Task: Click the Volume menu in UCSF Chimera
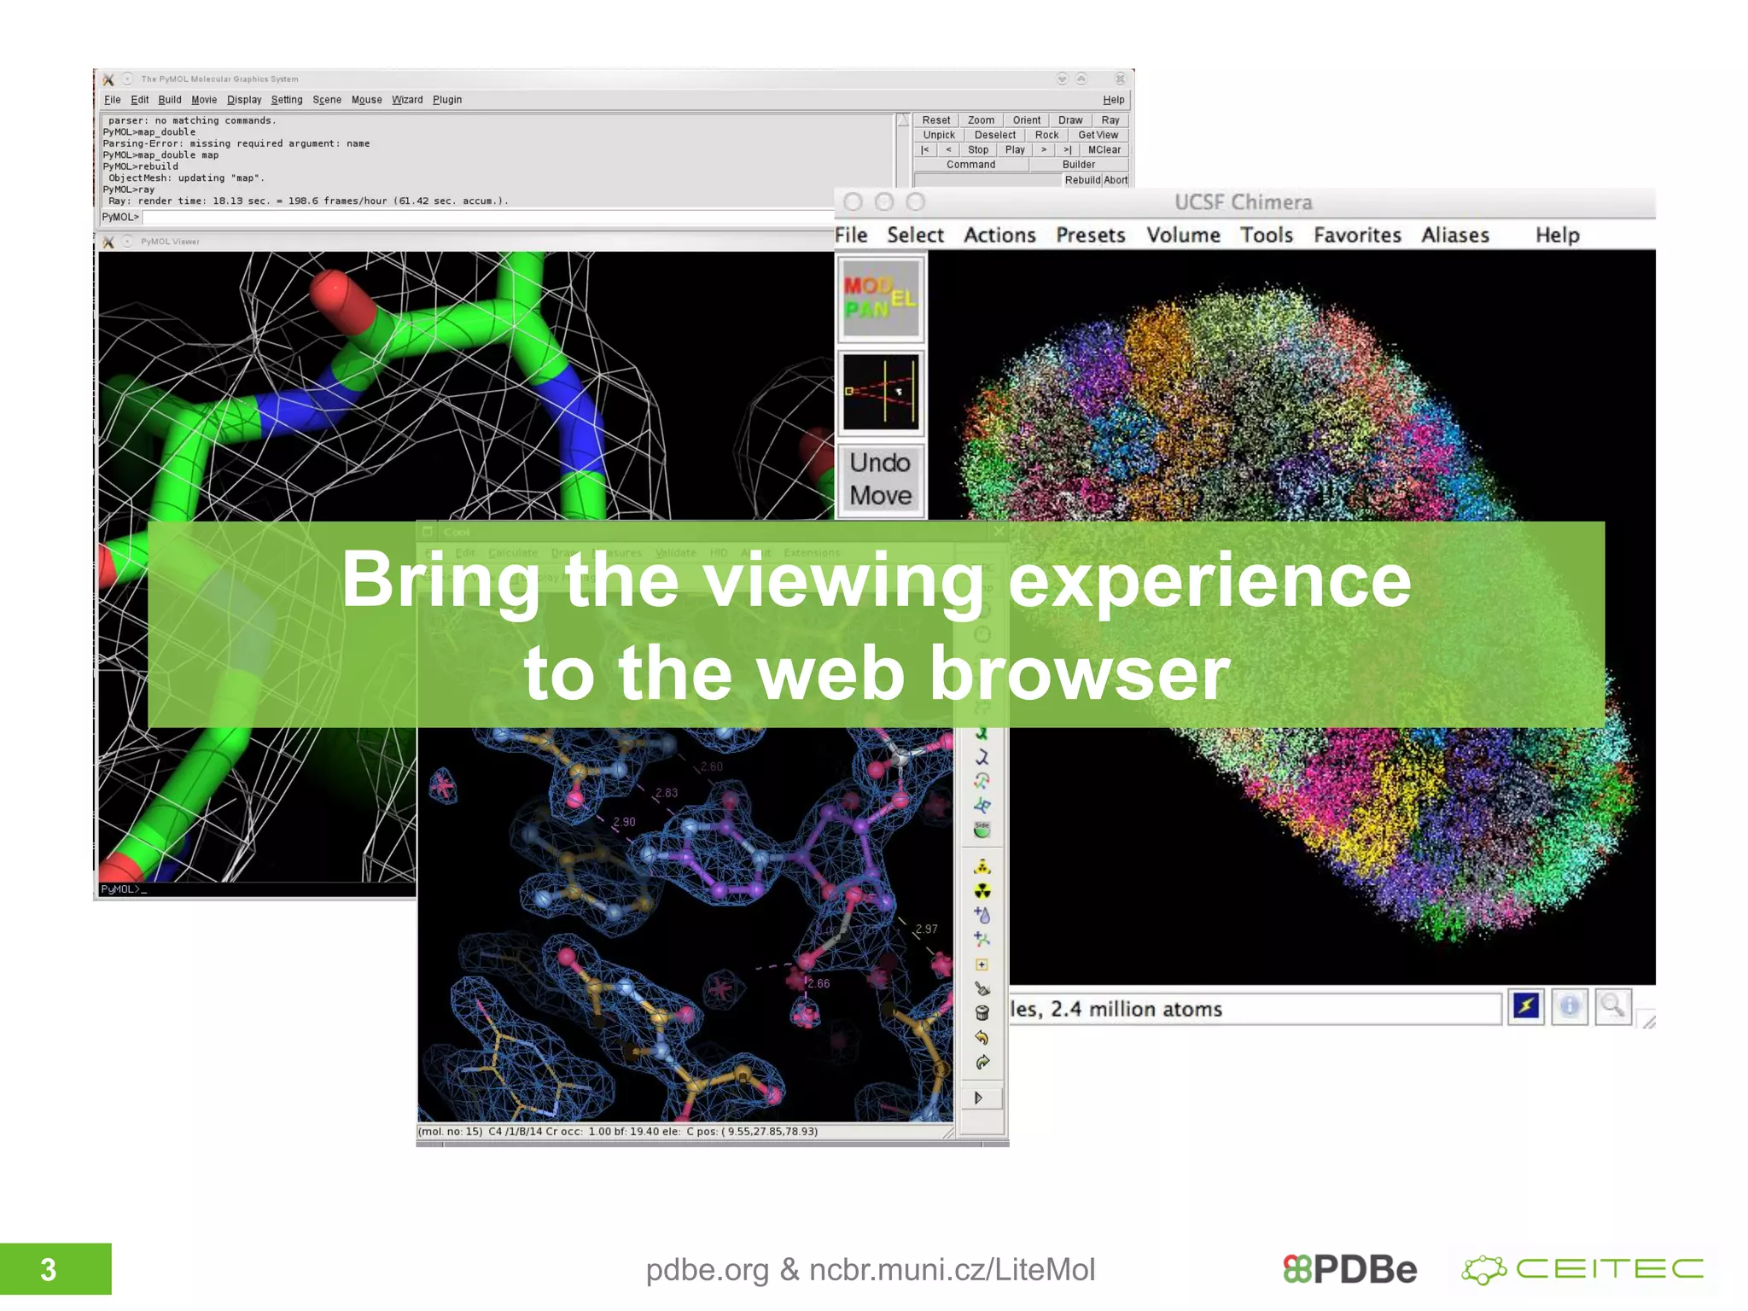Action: (1182, 235)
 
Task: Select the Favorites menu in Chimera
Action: (1356, 235)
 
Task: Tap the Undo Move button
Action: (880, 479)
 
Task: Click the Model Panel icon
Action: (880, 299)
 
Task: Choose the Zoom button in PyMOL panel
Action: (980, 120)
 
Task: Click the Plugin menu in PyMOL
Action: (446, 100)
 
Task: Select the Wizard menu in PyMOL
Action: (407, 100)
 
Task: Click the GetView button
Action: (1098, 135)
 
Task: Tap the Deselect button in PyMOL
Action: (994, 135)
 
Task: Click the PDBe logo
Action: (1349, 1269)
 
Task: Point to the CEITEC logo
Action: (1583, 1269)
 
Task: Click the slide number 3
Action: (49, 1269)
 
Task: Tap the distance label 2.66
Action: (818, 983)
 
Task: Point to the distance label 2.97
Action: (926, 929)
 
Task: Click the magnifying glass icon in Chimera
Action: (1612, 1007)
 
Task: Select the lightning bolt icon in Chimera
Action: (1525, 1007)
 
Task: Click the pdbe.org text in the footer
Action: (707, 1269)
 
